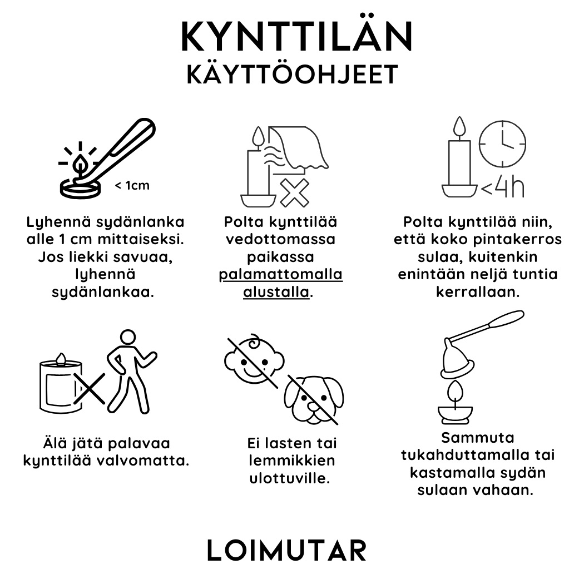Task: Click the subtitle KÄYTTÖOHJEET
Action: (293, 74)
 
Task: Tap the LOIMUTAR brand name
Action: (287, 550)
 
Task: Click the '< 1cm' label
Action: (132, 185)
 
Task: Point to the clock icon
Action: (502, 143)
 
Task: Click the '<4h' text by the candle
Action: (503, 188)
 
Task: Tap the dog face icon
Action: (314, 399)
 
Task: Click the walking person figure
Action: (131, 372)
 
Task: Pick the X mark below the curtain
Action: (294, 192)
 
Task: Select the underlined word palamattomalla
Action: (281, 275)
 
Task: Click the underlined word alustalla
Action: (276, 292)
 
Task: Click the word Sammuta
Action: (477, 438)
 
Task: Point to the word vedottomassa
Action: (281, 239)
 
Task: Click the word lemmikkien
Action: (292, 461)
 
